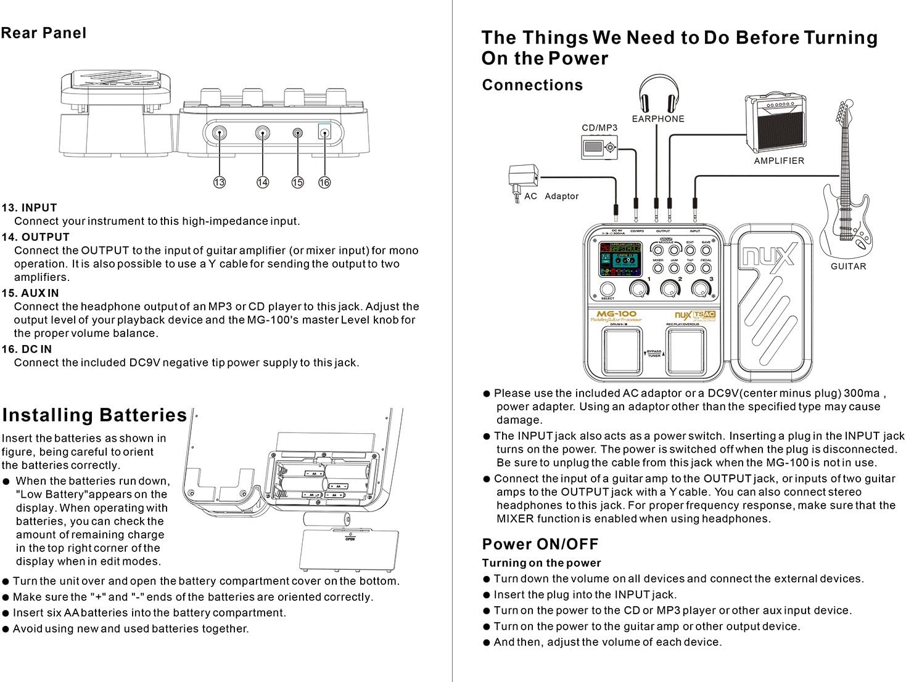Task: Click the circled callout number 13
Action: pyautogui.click(x=220, y=182)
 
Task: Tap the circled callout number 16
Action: pyautogui.click(x=324, y=182)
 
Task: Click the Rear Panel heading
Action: pyautogui.click(x=44, y=33)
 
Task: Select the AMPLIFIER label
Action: pyautogui.click(x=779, y=161)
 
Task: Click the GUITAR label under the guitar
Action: pyautogui.click(x=848, y=267)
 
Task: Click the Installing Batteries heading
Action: pyautogui.click(x=94, y=415)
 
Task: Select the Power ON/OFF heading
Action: pyautogui.click(x=540, y=545)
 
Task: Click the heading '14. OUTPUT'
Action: pyautogui.click(x=36, y=237)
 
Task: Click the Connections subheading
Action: pyautogui.click(x=532, y=85)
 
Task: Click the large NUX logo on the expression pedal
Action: pyautogui.click(x=769, y=254)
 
